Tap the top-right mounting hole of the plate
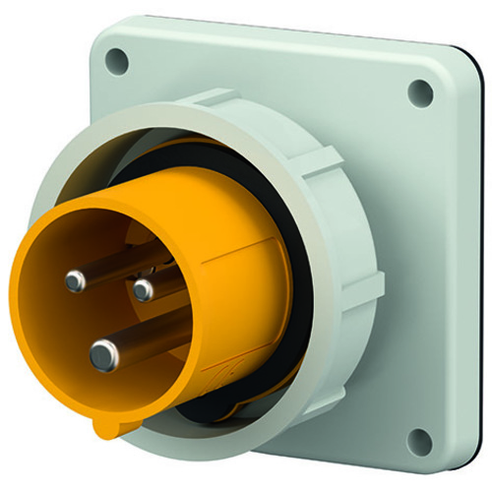point(421,92)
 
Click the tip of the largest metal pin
point(103,355)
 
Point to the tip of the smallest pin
point(144,289)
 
